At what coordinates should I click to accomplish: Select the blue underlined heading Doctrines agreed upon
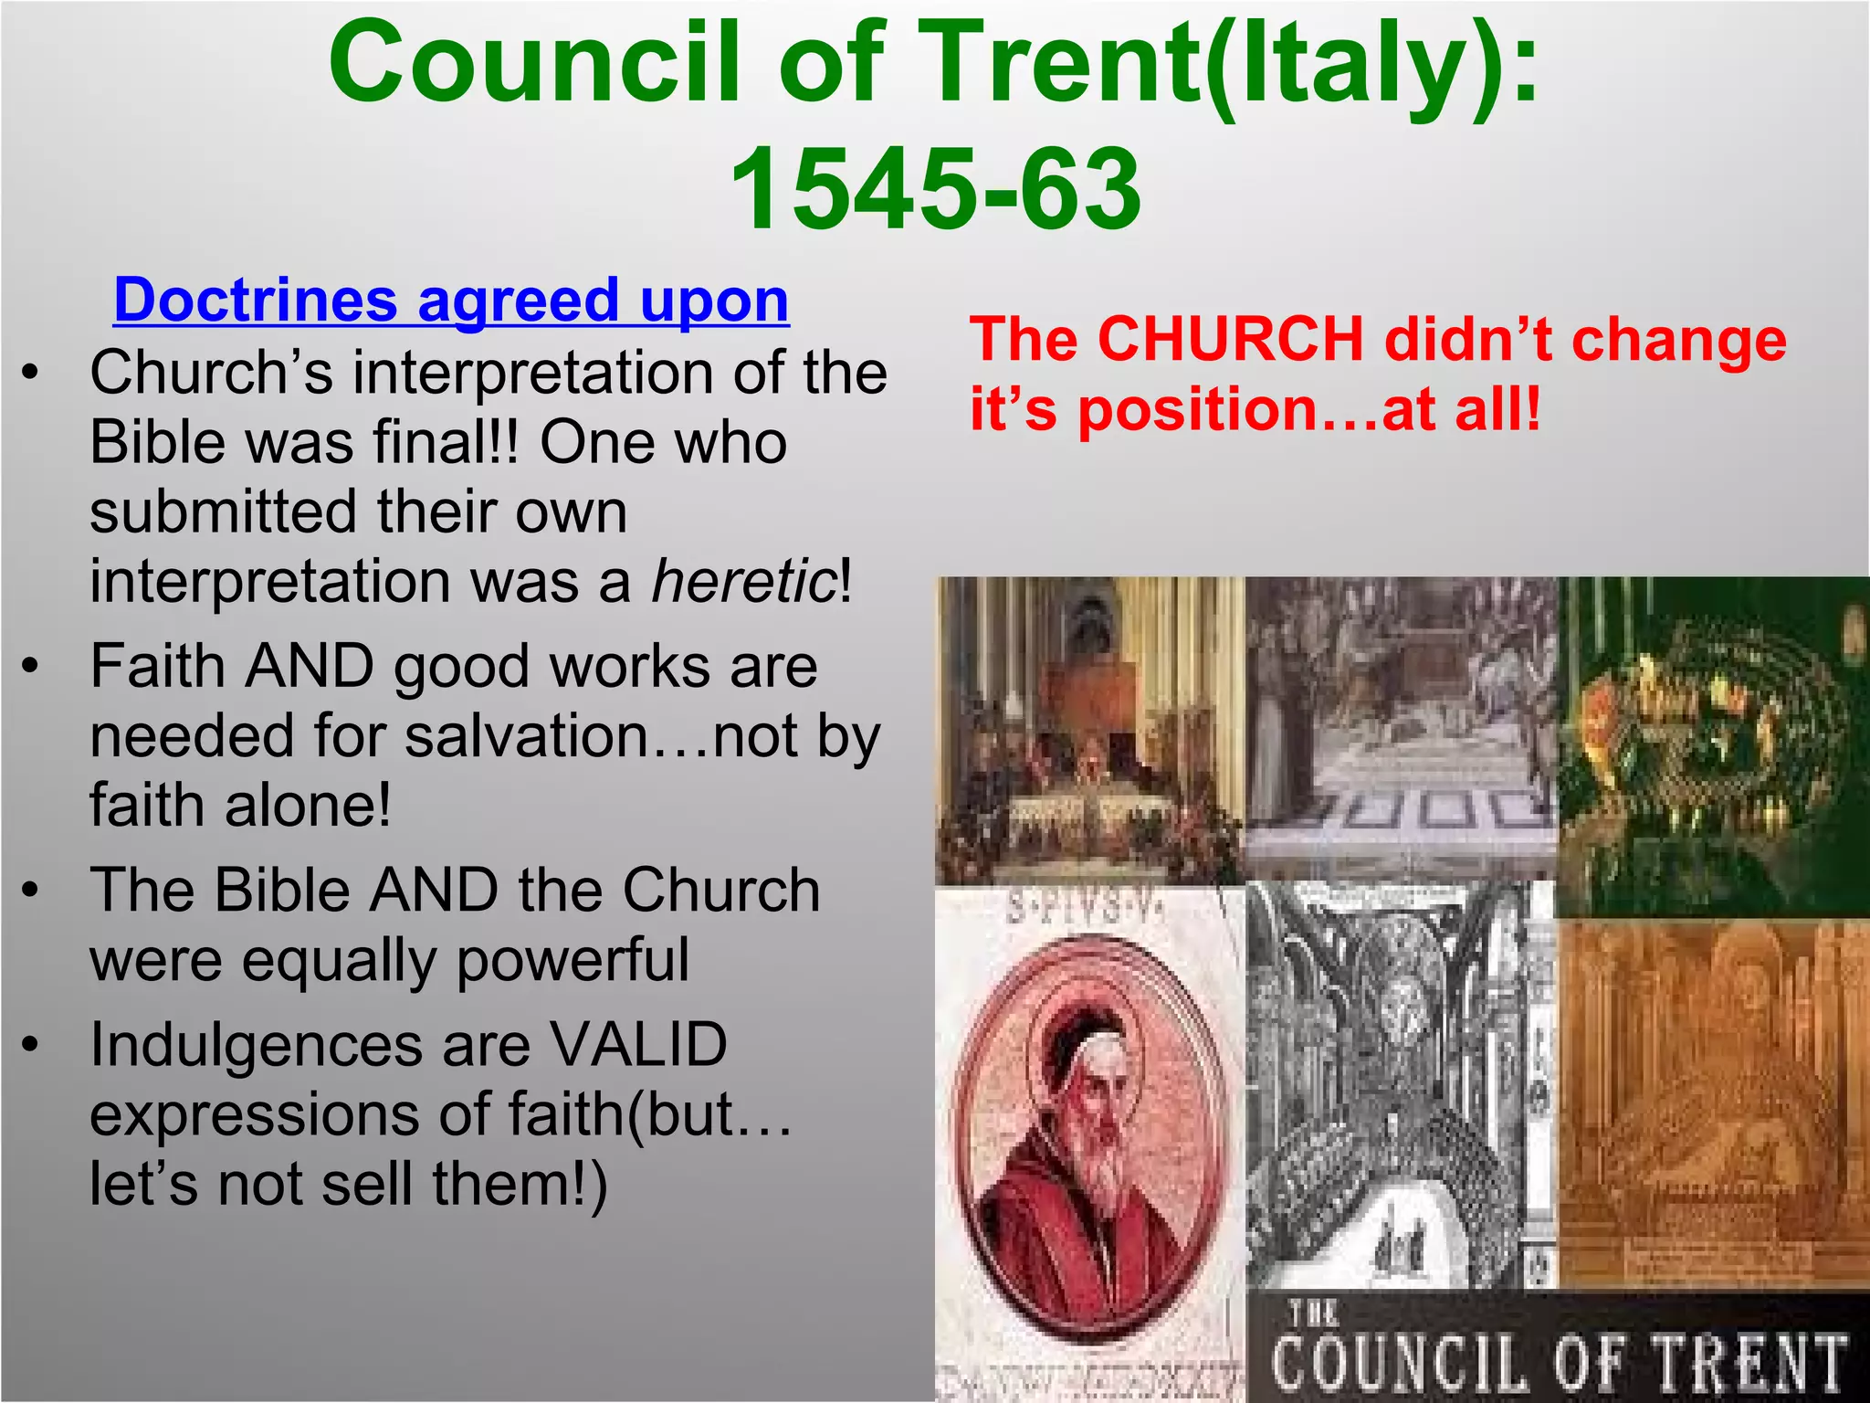(451, 300)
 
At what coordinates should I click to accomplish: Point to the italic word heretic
(744, 581)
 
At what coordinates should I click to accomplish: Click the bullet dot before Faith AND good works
(32, 666)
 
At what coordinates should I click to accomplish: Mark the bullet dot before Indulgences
(32, 1045)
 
